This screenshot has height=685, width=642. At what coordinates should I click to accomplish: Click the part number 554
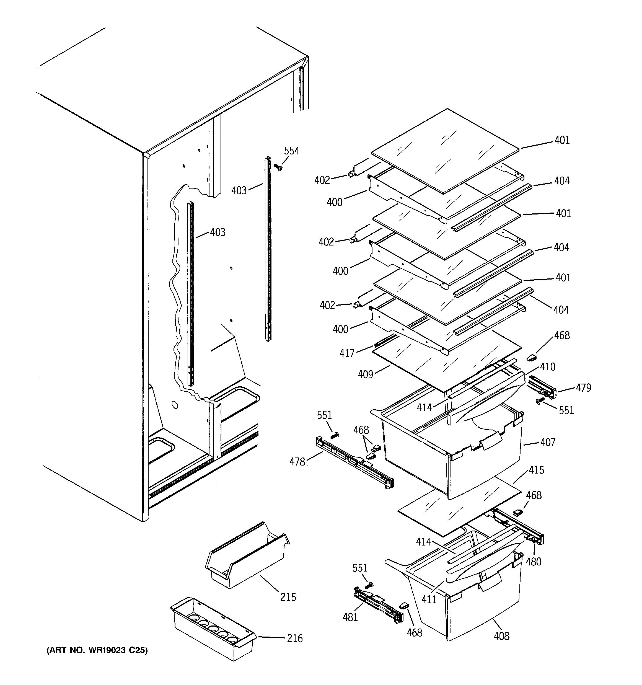click(x=292, y=151)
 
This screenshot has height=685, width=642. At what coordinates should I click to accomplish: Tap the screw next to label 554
click(x=278, y=167)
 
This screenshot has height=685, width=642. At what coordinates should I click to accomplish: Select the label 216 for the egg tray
click(x=295, y=639)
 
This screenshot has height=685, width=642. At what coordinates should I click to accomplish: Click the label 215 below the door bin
click(x=288, y=597)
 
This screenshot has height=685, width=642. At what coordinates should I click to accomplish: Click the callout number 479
click(x=583, y=388)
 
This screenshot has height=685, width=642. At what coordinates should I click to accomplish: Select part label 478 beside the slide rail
click(x=297, y=462)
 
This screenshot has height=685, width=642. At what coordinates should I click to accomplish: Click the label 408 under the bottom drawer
click(x=501, y=636)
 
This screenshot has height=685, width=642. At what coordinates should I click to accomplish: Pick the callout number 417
click(x=347, y=353)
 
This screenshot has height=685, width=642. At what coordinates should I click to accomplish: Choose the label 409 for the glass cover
click(x=365, y=374)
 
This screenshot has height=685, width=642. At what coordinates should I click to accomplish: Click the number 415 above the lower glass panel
click(x=536, y=470)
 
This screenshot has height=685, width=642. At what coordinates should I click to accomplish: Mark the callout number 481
click(x=350, y=617)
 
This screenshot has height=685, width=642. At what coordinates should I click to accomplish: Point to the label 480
click(x=534, y=562)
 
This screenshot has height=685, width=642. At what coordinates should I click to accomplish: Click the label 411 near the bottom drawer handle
click(x=429, y=599)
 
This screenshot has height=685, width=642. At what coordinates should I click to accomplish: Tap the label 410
click(x=547, y=367)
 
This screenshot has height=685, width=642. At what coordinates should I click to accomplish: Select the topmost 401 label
click(x=562, y=140)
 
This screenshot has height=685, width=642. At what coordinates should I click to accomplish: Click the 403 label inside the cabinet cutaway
click(x=218, y=232)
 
